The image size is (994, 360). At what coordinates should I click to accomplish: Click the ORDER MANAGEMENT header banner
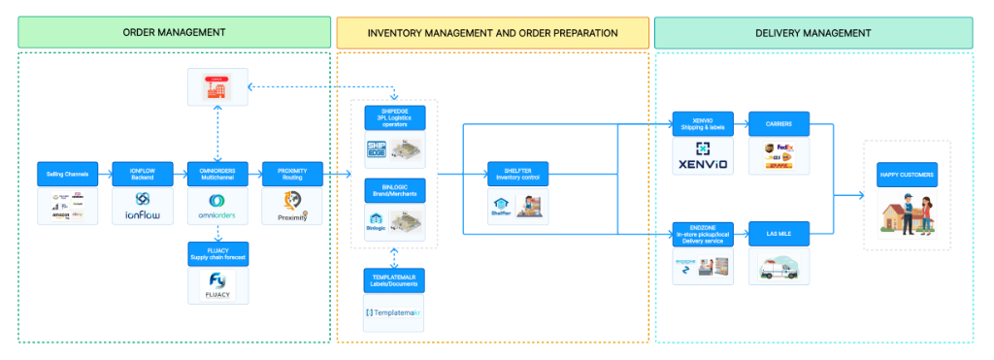pyautogui.click(x=174, y=33)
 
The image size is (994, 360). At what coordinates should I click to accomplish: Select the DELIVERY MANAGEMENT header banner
pyautogui.click(x=812, y=33)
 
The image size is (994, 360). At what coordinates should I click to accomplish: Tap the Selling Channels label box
pyautogui.click(x=67, y=174)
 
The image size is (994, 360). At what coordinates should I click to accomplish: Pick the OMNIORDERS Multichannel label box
pyautogui.click(x=218, y=174)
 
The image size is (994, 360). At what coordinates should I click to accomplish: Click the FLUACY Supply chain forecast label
pyautogui.click(x=218, y=254)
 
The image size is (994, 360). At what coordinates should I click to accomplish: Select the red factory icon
pyautogui.click(x=218, y=87)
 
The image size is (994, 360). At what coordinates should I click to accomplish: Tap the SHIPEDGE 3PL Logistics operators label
pyautogui.click(x=395, y=118)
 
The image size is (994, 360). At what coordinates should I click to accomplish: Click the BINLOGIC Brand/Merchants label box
pyautogui.click(x=395, y=190)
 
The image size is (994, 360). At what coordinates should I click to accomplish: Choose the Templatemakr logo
pyautogui.click(x=395, y=312)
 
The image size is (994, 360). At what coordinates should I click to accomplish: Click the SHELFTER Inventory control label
pyautogui.click(x=517, y=174)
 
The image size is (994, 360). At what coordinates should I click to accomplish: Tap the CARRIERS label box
pyautogui.click(x=779, y=123)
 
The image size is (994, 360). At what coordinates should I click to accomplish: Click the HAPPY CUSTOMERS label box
pyautogui.click(x=906, y=174)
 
